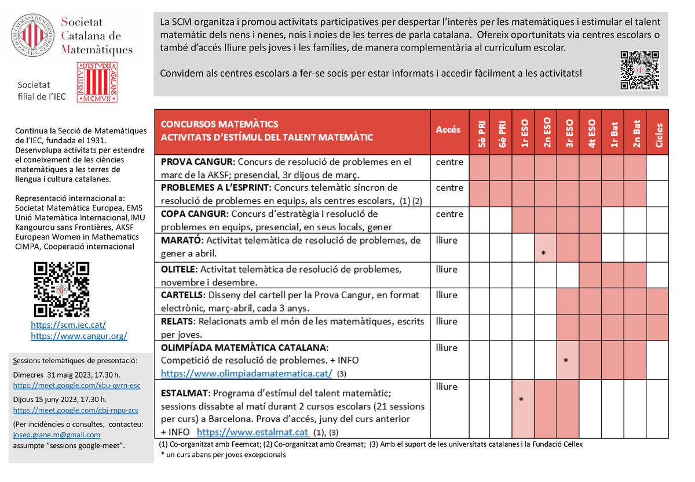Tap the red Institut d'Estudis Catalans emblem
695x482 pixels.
[x=97, y=82]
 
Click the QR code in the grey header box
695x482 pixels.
[x=639, y=70]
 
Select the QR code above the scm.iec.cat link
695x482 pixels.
[x=61, y=289]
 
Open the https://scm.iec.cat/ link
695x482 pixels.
[x=68, y=325]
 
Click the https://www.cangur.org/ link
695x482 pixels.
[x=79, y=336]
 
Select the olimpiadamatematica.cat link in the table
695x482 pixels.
[x=247, y=373]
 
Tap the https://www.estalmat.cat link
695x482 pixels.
[x=253, y=432]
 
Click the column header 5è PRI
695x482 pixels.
[x=480, y=132]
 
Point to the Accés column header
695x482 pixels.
[x=448, y=130]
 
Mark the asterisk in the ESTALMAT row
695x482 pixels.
[x=522, y=400]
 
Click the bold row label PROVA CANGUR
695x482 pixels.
[x=196, y=162]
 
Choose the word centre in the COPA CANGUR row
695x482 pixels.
[x=449, y=214]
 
